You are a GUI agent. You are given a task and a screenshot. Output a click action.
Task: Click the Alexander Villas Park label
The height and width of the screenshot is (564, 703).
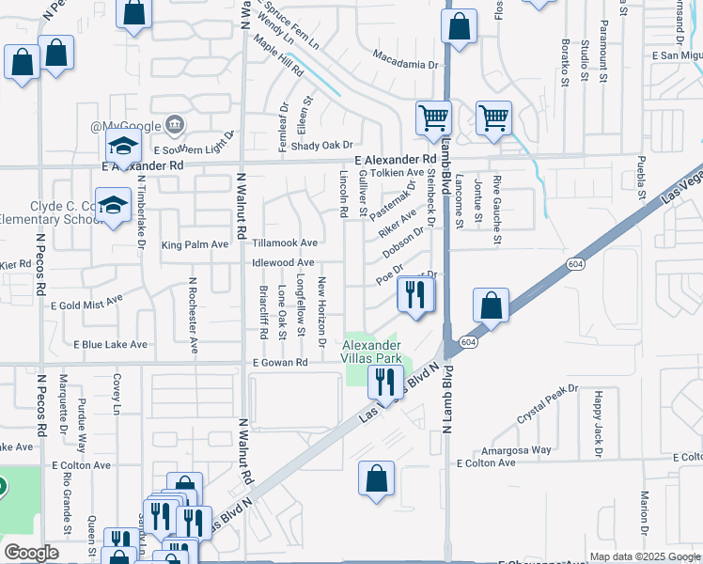click(x=371, y=352)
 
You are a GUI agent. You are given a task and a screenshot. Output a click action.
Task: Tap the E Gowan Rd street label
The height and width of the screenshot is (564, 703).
click(x=280, y=363)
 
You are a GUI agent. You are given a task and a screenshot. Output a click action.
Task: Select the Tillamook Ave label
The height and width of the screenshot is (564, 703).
click(x=283, y=243)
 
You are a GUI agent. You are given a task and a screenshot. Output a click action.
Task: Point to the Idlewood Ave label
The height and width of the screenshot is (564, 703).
click(x=283, y=262)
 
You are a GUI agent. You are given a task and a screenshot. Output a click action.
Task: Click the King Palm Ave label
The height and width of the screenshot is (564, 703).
click(x=195, y=244)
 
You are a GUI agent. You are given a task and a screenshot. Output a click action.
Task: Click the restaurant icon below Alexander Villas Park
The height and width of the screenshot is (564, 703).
click(x=384, y=382)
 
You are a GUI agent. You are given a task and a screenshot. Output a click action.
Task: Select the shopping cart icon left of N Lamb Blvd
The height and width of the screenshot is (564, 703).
click(x=433, y=118)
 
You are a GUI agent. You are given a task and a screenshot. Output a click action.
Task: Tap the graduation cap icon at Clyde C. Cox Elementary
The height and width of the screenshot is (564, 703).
click(x=114, y=206)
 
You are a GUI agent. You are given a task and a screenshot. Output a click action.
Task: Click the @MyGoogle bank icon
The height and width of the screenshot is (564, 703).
click(x=175, y=125)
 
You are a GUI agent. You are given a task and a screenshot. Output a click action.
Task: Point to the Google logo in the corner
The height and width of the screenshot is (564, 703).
click(x=31, y=553)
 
